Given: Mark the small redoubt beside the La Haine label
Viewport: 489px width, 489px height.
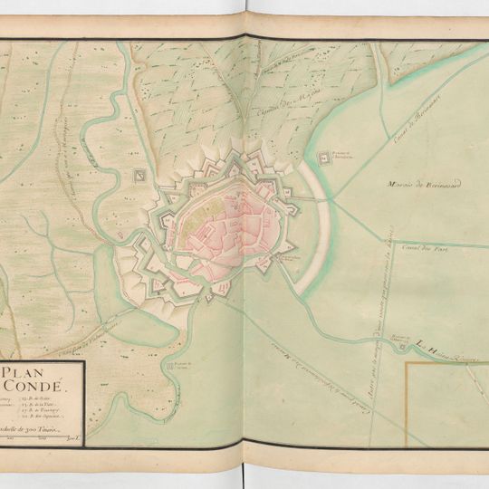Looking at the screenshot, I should click(x=397, y=343).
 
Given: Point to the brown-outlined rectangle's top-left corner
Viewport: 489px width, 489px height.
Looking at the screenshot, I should click(x=406, y=362).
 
